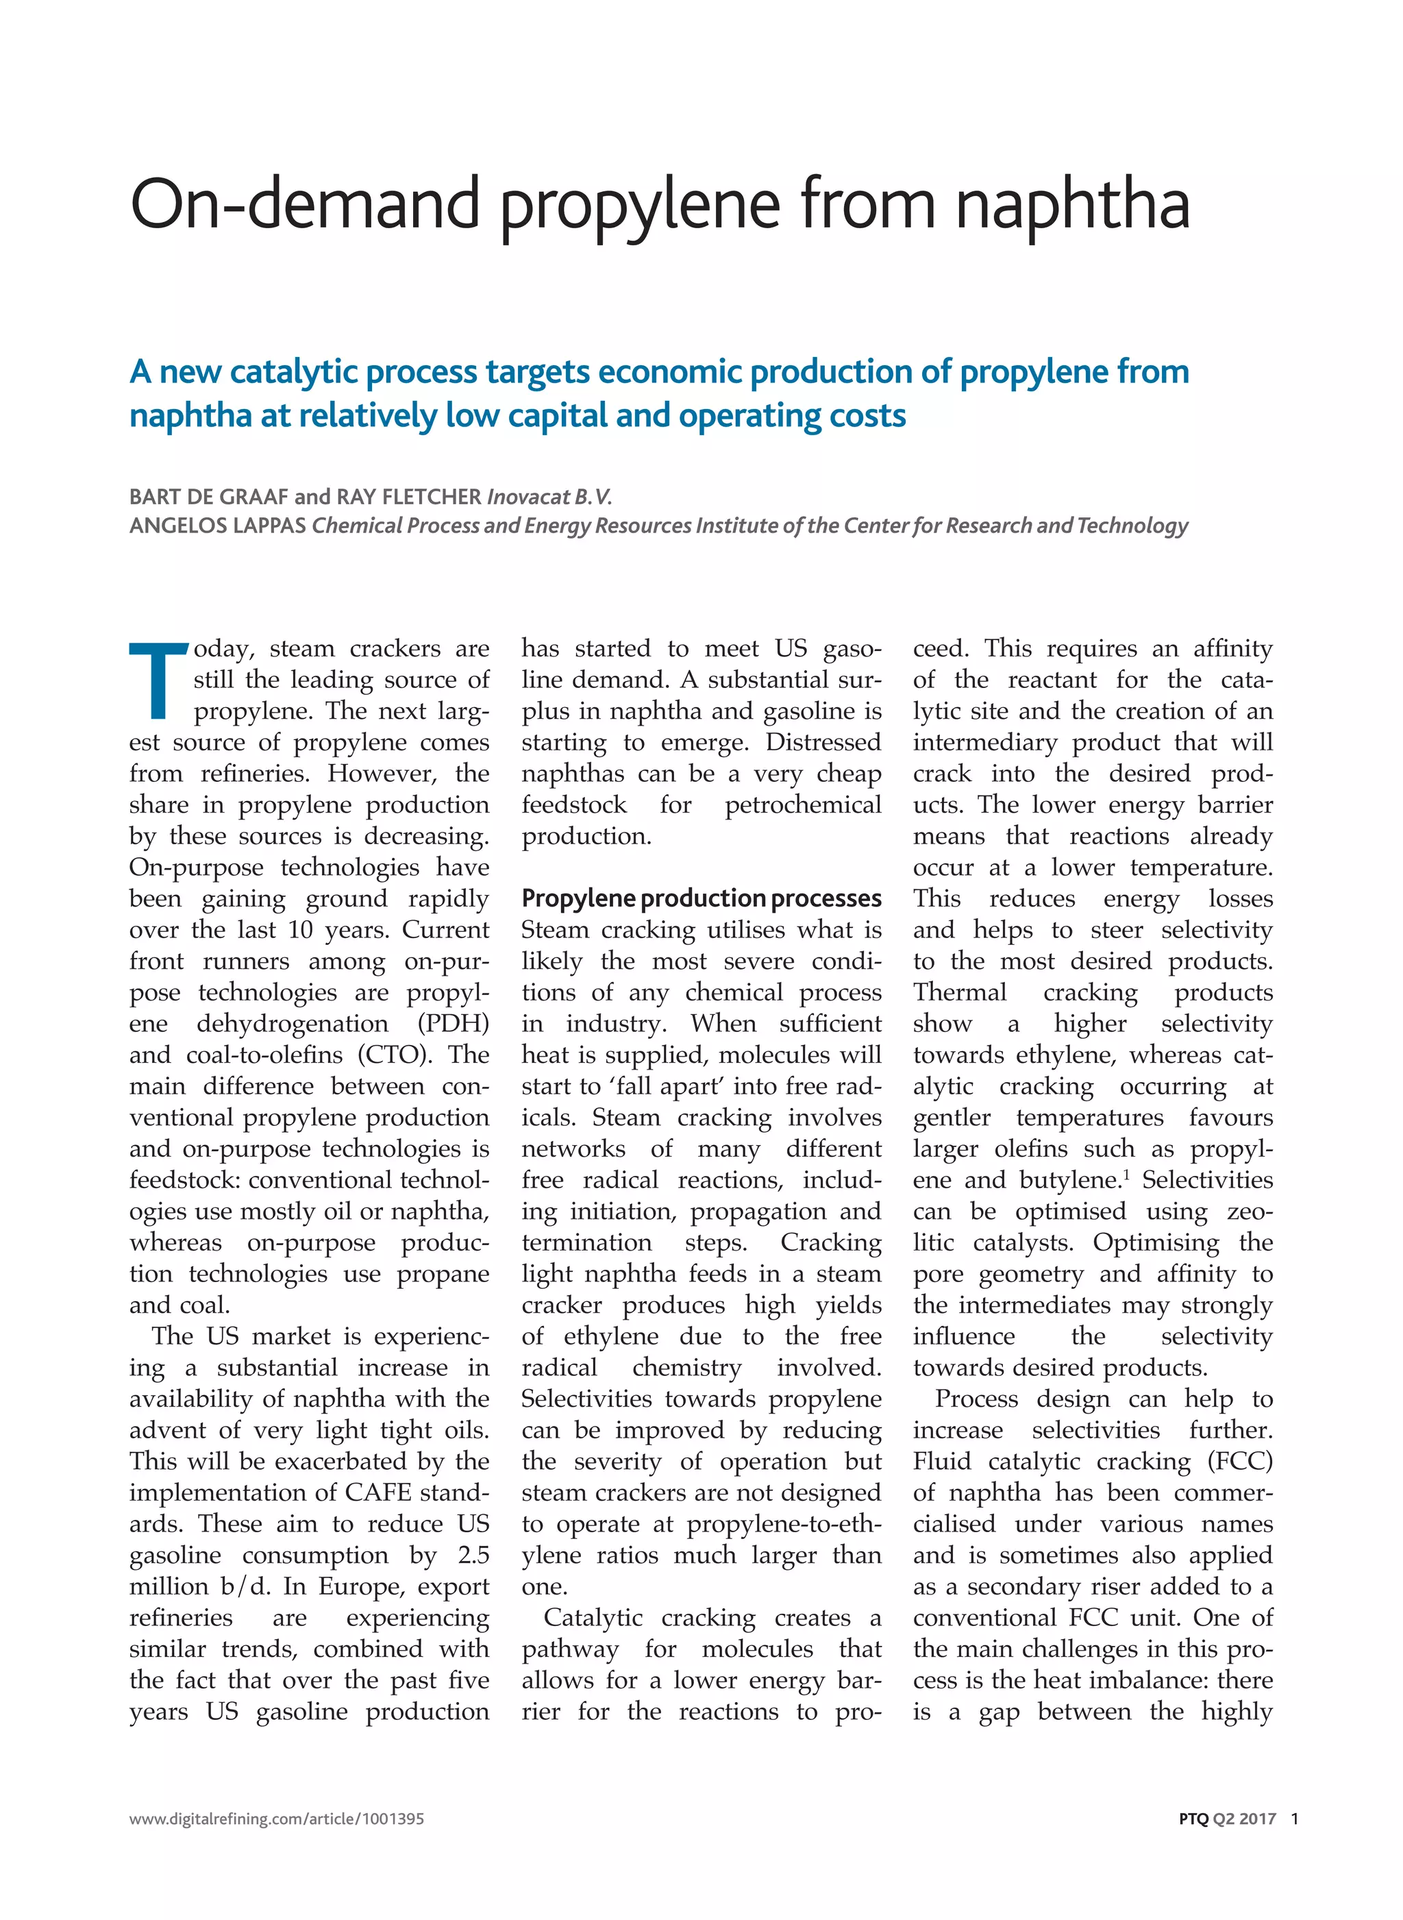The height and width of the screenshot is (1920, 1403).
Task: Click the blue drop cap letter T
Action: (x=159, y=680)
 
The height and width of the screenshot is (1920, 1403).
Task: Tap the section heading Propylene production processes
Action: (x=701, y=898)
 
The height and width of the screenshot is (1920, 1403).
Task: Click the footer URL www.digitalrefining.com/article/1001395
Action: (x=276, y=1819)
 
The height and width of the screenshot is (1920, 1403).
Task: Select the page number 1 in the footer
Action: (x=1294, y=1819)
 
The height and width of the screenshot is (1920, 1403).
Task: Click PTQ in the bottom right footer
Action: (x=1193, y=1819)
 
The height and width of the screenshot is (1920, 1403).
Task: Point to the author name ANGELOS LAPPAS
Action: (x=217, y=526)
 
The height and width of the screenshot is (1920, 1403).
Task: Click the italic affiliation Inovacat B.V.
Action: (x=549, y=497)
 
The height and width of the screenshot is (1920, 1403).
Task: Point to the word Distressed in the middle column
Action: (x=823, y=743)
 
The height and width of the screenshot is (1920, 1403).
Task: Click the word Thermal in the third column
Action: (x=960, y=992)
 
